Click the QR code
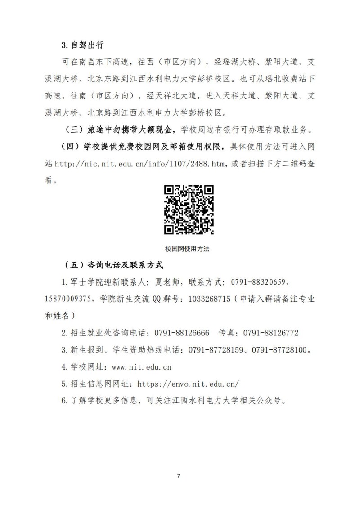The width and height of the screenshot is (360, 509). pyautogui.click(x=189, y=210)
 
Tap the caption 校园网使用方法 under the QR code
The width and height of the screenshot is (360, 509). pyautogui.click(x=188, y=249)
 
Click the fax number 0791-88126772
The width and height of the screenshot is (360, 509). pyautogui.click(x=271, y=333)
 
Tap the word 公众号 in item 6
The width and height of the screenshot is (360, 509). pyautogui.click(x=271, y=401)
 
